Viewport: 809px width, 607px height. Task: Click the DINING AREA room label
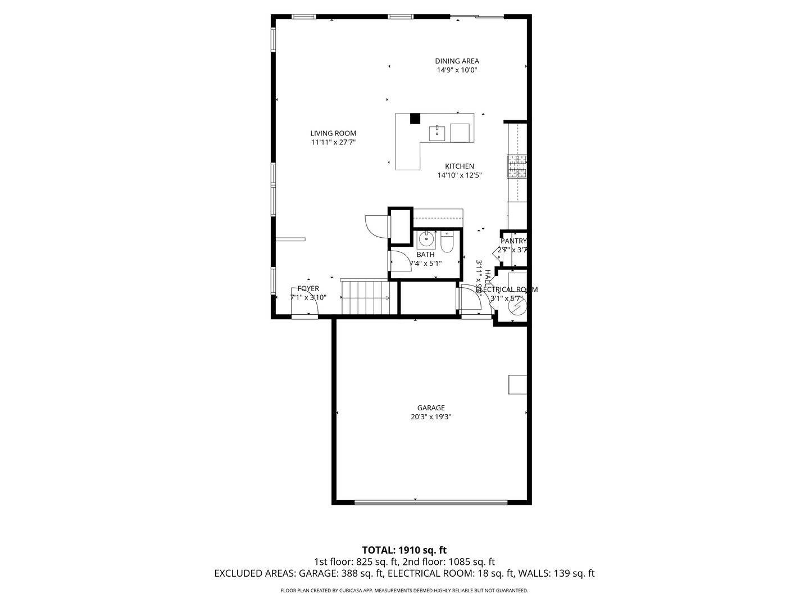(457, 61)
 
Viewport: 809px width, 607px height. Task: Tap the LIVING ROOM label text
(333, 133)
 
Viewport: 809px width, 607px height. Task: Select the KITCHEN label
(460, 166)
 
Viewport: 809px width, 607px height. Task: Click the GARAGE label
(431, 408)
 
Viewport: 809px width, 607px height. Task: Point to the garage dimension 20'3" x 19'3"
(431, 417)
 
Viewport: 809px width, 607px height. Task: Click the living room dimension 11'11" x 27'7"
(333, 142)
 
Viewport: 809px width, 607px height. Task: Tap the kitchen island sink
(437, 134)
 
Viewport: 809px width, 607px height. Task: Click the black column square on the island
(415, 119)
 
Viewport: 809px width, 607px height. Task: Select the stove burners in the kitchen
(517, 166)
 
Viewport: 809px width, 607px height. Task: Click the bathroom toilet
(447, 242)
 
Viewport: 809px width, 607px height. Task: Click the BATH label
(425, 255)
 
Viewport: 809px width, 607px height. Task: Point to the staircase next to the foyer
(366, 298)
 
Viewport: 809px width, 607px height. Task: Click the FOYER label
(308, 289)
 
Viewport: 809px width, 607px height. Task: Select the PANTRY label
(513, 241)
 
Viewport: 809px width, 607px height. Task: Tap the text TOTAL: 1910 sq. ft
(404, 550)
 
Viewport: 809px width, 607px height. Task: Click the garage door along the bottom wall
(430, 502)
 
